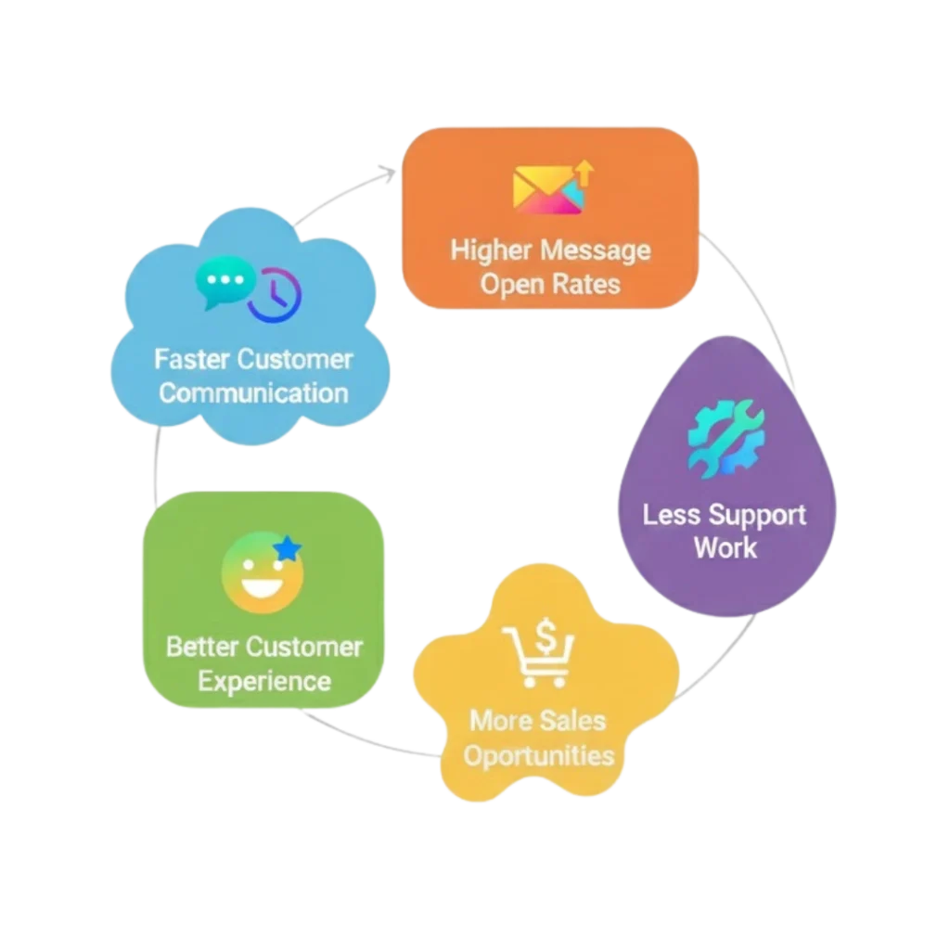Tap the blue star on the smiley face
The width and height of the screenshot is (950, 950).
pyautogui.click(x=289, y=550)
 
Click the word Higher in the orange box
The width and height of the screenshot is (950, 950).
pyautogui.click(x=490, y=250)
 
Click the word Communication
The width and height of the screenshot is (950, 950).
pyautogui.click(x=253, y=392)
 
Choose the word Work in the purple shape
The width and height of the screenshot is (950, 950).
pyautogui.click(x=725, y=547)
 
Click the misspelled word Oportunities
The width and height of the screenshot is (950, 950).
pyautogui.click(x=539, y=755)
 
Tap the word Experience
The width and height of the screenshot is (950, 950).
pyautogui.click(x=264, y=681)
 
